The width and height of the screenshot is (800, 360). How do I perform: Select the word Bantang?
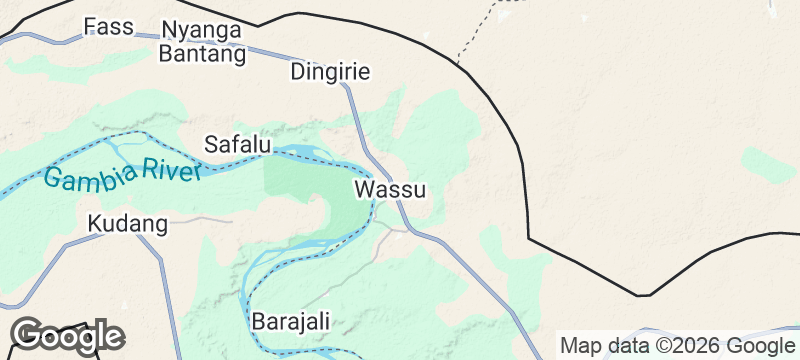tap(202, 54)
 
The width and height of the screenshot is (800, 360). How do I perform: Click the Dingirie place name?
tap(330, 72)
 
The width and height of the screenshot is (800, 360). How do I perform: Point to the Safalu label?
tap(238, 144)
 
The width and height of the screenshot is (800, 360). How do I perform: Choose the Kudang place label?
tap(127, 223)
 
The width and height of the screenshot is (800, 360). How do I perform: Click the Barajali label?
tap(290, 322)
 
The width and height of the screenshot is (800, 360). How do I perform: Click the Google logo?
tap(68, 336)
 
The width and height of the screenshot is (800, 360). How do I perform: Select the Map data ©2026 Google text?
tap(676, 346)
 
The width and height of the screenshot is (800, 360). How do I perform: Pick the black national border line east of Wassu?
tap(521, 160)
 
